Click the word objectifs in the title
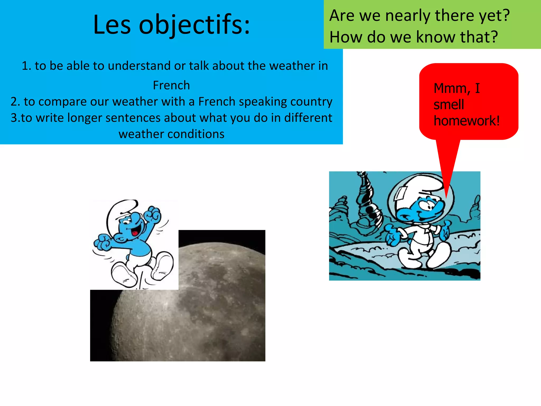[x=194, y=25]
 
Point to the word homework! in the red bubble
[x=467, y=121]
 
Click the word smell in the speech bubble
[x=449, y=104]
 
